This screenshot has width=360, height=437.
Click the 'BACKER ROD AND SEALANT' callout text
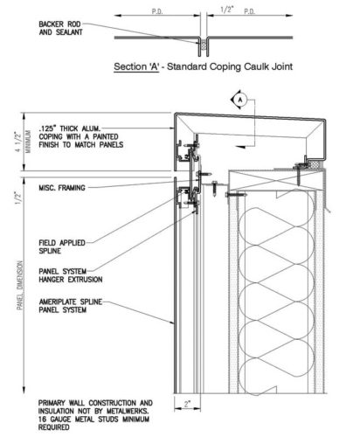tap(60, 28)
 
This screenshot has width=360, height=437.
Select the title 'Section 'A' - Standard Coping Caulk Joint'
tap(203, 66)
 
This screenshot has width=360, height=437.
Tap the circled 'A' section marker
tap(240, 100)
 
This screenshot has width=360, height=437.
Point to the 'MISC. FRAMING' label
tap(62, 188)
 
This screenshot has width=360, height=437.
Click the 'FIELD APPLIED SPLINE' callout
tap(62, 246)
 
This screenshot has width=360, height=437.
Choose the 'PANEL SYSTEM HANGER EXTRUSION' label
tap(71, 275)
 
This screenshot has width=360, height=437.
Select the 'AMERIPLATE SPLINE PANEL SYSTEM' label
tap(71, 306)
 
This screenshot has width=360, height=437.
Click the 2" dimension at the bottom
tap(187, 404)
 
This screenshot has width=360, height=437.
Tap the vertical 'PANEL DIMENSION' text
tap(20, 285)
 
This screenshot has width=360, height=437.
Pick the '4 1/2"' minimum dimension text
tap(18, 142)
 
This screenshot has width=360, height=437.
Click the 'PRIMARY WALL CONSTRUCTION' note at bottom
tap(95, 415)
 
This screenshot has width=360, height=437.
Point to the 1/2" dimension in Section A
tap(227, 10)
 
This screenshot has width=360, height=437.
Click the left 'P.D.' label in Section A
tap(157, 11)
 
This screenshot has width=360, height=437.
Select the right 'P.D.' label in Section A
tap(249, 11)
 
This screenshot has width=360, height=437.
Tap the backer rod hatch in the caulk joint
tap(204, 45)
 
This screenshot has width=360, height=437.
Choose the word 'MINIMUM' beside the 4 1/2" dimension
tap(28, 142)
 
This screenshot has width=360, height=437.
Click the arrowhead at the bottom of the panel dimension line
tap(24, 390)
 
